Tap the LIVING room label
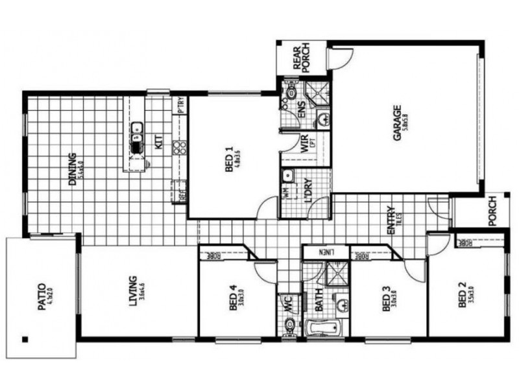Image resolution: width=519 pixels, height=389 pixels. [x=132, y=290]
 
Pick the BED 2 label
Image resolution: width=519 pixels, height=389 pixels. [x=462, y=294]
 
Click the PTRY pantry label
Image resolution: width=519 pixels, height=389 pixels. [x=182, y=105]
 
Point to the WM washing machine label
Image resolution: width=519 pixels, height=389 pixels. [x=286, y=192]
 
